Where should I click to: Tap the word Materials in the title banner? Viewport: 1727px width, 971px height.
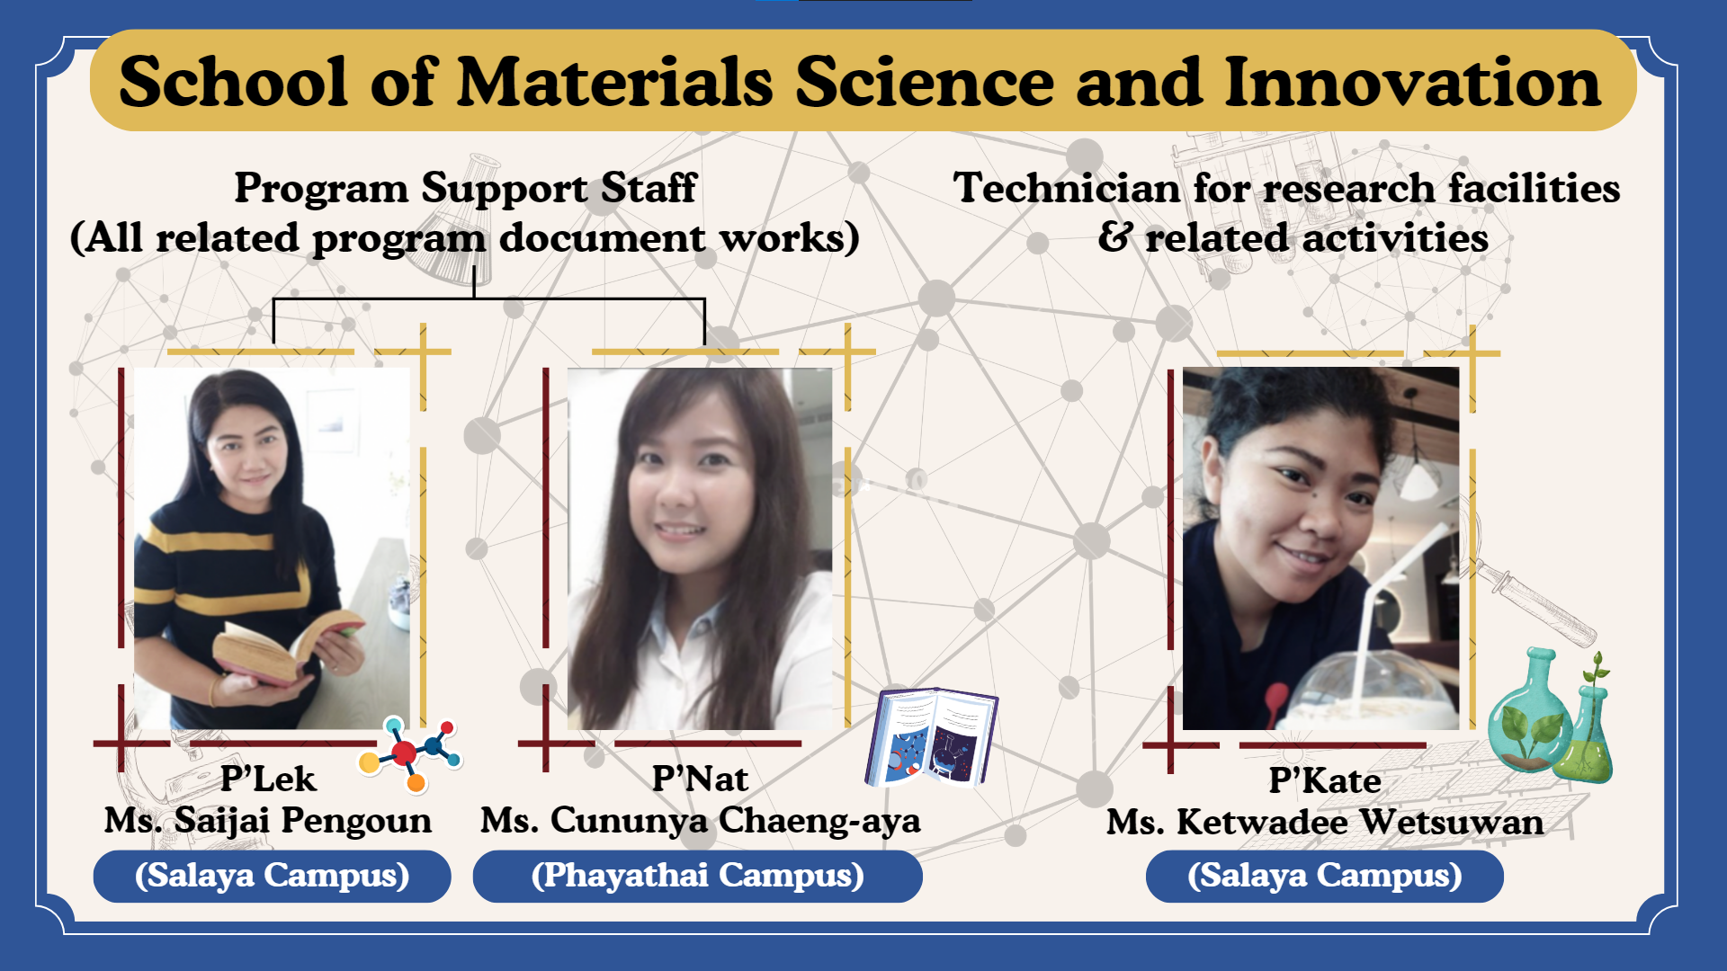coord(615,82)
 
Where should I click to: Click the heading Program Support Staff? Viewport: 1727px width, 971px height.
coord(465,188)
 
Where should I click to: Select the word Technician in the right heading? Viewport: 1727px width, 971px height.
coord(1068,188)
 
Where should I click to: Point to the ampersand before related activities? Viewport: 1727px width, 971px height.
coord(1115,237)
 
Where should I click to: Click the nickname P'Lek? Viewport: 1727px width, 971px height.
coord(268,779)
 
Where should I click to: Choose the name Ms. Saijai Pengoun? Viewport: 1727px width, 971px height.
coord(268,821)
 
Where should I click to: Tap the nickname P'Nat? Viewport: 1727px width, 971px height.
coord(700,779)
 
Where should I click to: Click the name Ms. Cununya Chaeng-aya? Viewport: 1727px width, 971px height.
coord(700,821)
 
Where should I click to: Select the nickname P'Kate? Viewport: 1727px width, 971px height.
coord(1325,780)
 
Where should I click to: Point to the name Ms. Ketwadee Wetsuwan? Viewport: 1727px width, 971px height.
coord(1325,823)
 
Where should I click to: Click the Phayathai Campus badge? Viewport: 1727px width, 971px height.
coord(698,876)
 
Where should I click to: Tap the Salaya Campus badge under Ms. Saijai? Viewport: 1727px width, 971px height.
coord(272,876)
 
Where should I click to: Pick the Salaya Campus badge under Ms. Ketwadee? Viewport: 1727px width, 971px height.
coord(1325,877)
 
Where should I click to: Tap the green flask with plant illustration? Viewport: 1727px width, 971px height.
coord(1549,715)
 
